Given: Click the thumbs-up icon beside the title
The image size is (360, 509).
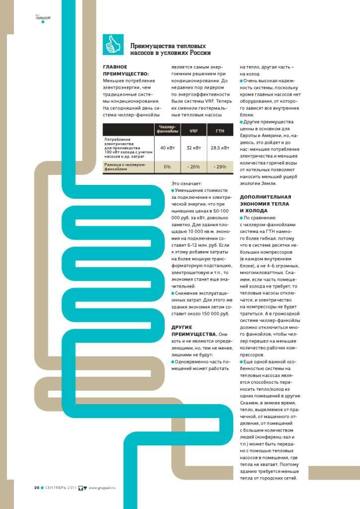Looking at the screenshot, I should pyautogui.click(x=112, y=45).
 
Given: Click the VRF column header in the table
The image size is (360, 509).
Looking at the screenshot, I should pyautogui.click(x=193, y=130).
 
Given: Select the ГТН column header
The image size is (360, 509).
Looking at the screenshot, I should pyautogui.click(x=220, y=130).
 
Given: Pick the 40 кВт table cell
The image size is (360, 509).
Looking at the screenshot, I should pyautogui.click(x=167, y=148).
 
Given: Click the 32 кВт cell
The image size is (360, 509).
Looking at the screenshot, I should pyautogui.click(x=193, y=148).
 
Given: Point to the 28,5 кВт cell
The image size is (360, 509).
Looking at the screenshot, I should pyautogui.click(x=220, y=148).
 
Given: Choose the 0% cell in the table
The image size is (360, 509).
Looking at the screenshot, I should pyautogui.click(x=167, y=167).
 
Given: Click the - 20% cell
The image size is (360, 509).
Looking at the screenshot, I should pyautogui.click(x=193, y=167).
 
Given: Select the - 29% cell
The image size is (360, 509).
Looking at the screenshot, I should pyautogui.click(x=220, y=167).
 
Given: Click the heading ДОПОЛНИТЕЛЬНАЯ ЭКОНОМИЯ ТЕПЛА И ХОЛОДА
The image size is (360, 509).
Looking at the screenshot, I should pyautogui.click(x=264, y=204).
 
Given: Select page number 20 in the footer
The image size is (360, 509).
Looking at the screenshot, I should pyautogui.click(x=36, y=487).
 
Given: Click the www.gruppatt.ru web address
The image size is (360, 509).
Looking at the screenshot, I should pyautogui.click(x=105, y=487).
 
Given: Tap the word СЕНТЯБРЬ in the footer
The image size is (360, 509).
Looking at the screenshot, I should pyautogui.click(x=57, y=487).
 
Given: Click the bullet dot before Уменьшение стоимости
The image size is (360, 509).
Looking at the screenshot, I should pyautogui.click(x=173, y=190).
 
